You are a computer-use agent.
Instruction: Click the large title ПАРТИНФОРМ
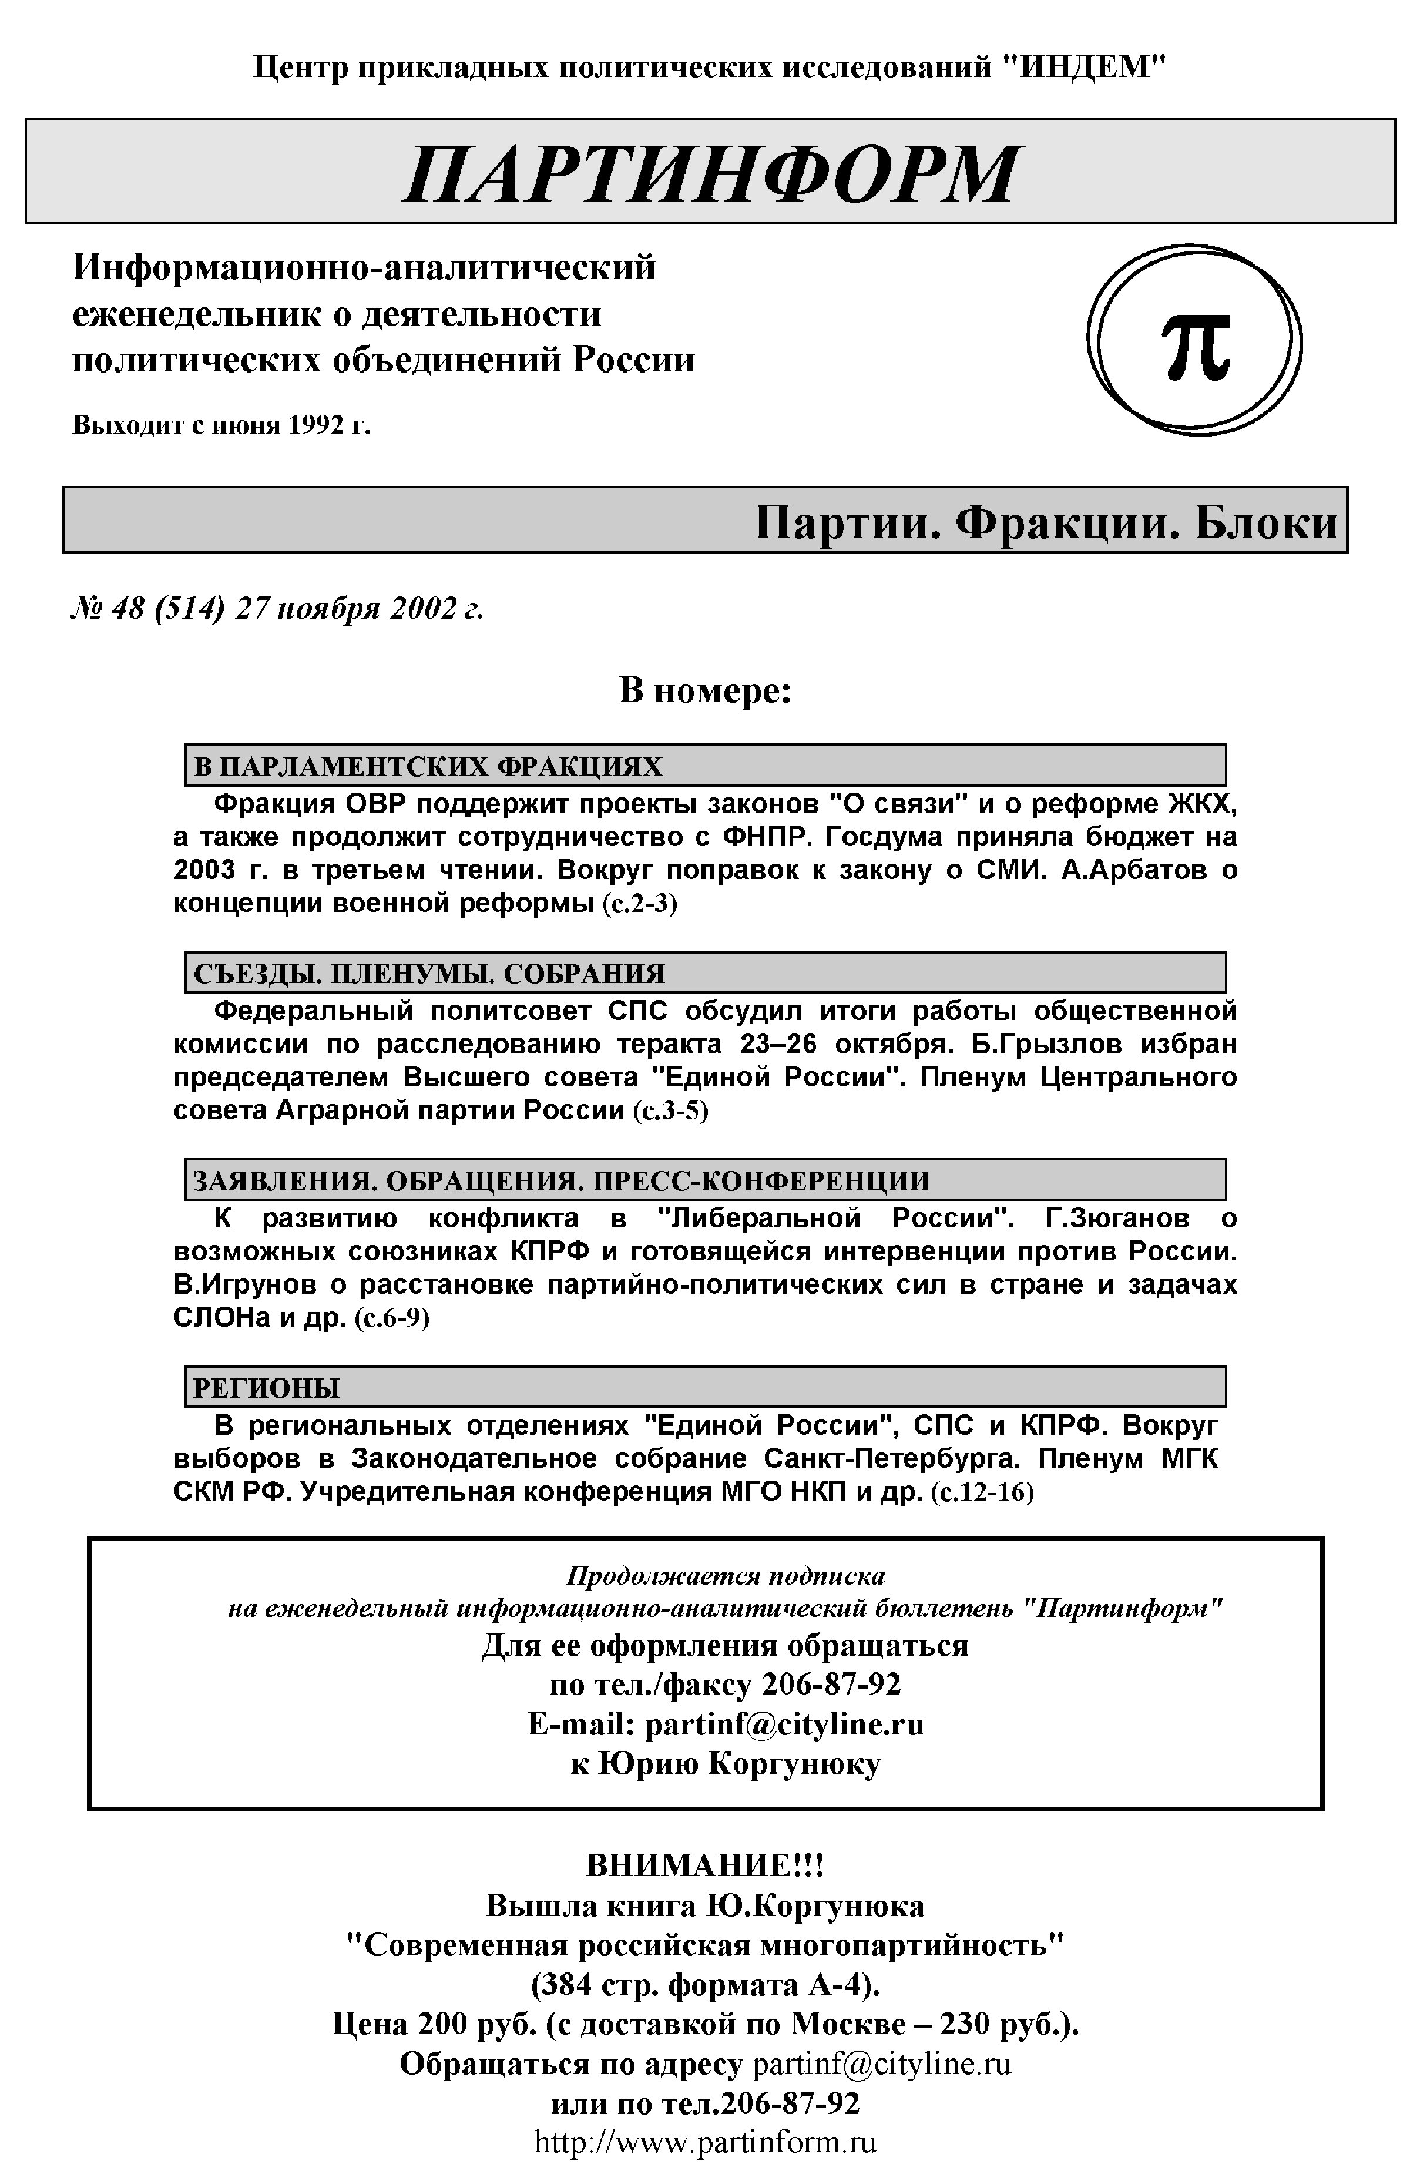tap(710, 173)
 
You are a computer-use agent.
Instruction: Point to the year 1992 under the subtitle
tap(317, 426)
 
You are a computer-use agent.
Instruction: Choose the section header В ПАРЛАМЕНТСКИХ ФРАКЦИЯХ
tap(428, 766)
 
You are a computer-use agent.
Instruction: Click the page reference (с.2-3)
tap(640, 905)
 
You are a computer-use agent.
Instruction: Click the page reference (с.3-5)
tap(670, 1112)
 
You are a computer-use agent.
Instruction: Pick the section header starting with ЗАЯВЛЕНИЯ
tap(560, 1181)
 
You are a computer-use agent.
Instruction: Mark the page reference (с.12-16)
tap(982, 1492)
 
